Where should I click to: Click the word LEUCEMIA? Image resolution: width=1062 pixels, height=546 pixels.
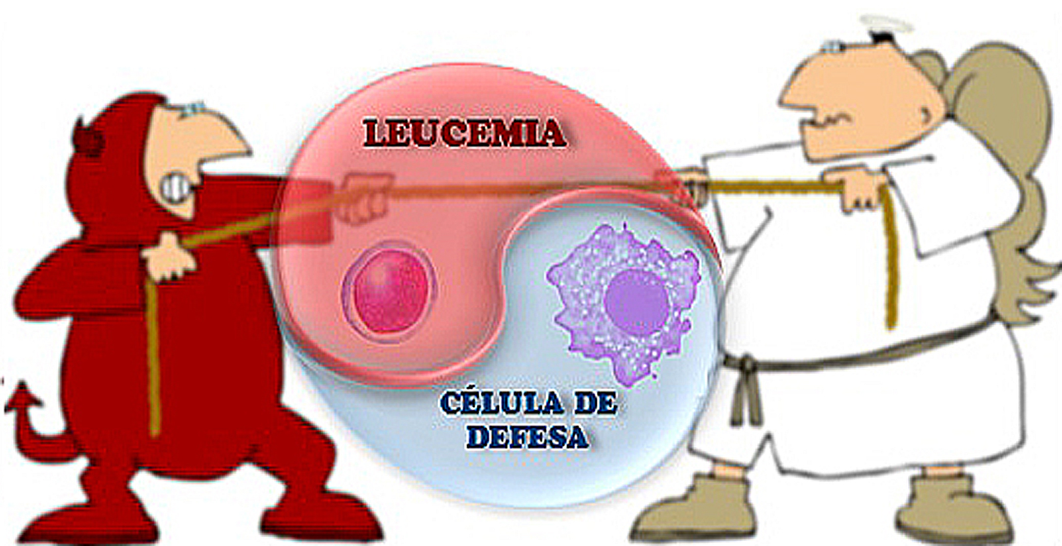coord(464,134)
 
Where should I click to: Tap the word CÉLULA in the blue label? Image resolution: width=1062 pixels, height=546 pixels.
coord(501,403)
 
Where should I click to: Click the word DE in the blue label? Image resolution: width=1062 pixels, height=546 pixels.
coord(595,403)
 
